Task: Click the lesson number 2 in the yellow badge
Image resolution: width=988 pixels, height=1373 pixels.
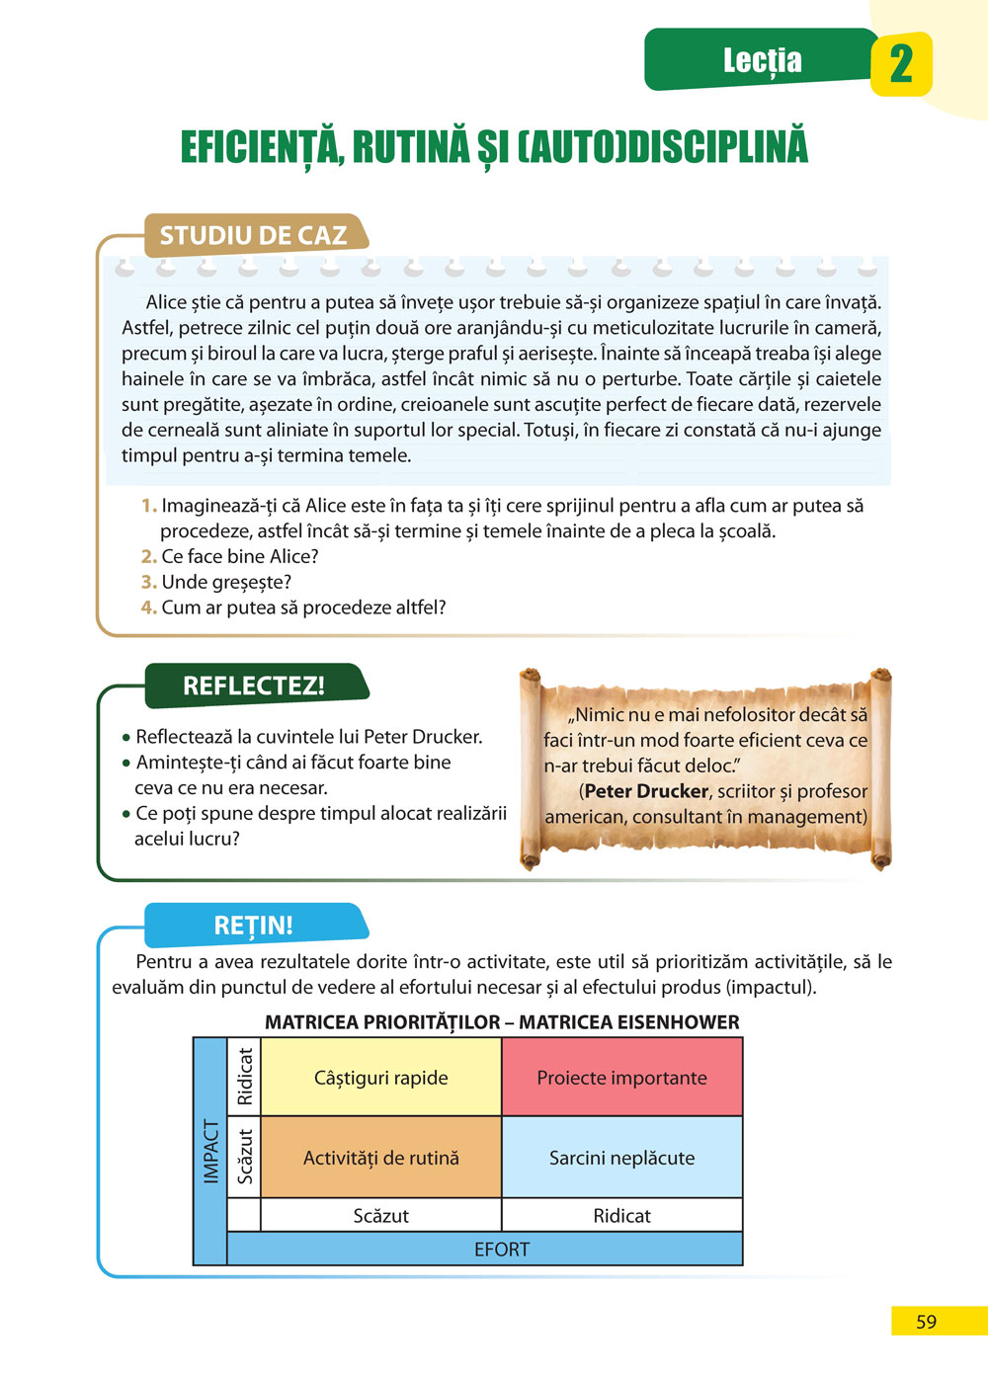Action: click(901, 64)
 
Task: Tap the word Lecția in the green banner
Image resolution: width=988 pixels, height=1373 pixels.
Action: click(762, 60)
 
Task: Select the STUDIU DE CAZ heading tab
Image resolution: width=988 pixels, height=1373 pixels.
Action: click(254, 235)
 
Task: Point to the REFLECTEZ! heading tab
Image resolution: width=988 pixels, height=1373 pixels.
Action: click(254, 686)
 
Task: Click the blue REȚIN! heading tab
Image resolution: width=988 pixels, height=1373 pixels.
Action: click(254, 926)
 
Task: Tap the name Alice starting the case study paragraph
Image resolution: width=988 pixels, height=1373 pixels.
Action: click(166, 302)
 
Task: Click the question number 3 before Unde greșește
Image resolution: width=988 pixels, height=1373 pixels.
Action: click(149, 582)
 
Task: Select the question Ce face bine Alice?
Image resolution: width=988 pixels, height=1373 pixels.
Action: click(240, 556)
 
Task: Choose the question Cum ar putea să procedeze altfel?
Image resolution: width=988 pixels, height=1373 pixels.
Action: click(303, 607)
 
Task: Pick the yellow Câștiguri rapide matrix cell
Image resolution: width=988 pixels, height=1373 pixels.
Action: click(380, 1078)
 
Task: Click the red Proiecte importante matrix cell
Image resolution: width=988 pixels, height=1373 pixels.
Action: click(621, 1078)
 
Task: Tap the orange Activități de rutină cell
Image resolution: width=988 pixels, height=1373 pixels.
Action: click(380, 1158)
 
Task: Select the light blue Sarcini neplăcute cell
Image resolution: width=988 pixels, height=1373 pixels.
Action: click(621, 1158)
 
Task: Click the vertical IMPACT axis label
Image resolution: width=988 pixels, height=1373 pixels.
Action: click(210, 1151)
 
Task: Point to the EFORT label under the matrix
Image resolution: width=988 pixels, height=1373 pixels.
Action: click(502, 1249)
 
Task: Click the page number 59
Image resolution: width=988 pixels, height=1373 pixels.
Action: click(926, 1322)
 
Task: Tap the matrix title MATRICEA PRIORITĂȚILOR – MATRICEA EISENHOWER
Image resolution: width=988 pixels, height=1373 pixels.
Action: click(502, 1022)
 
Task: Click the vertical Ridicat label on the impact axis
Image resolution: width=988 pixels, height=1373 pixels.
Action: click(245, 1077)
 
